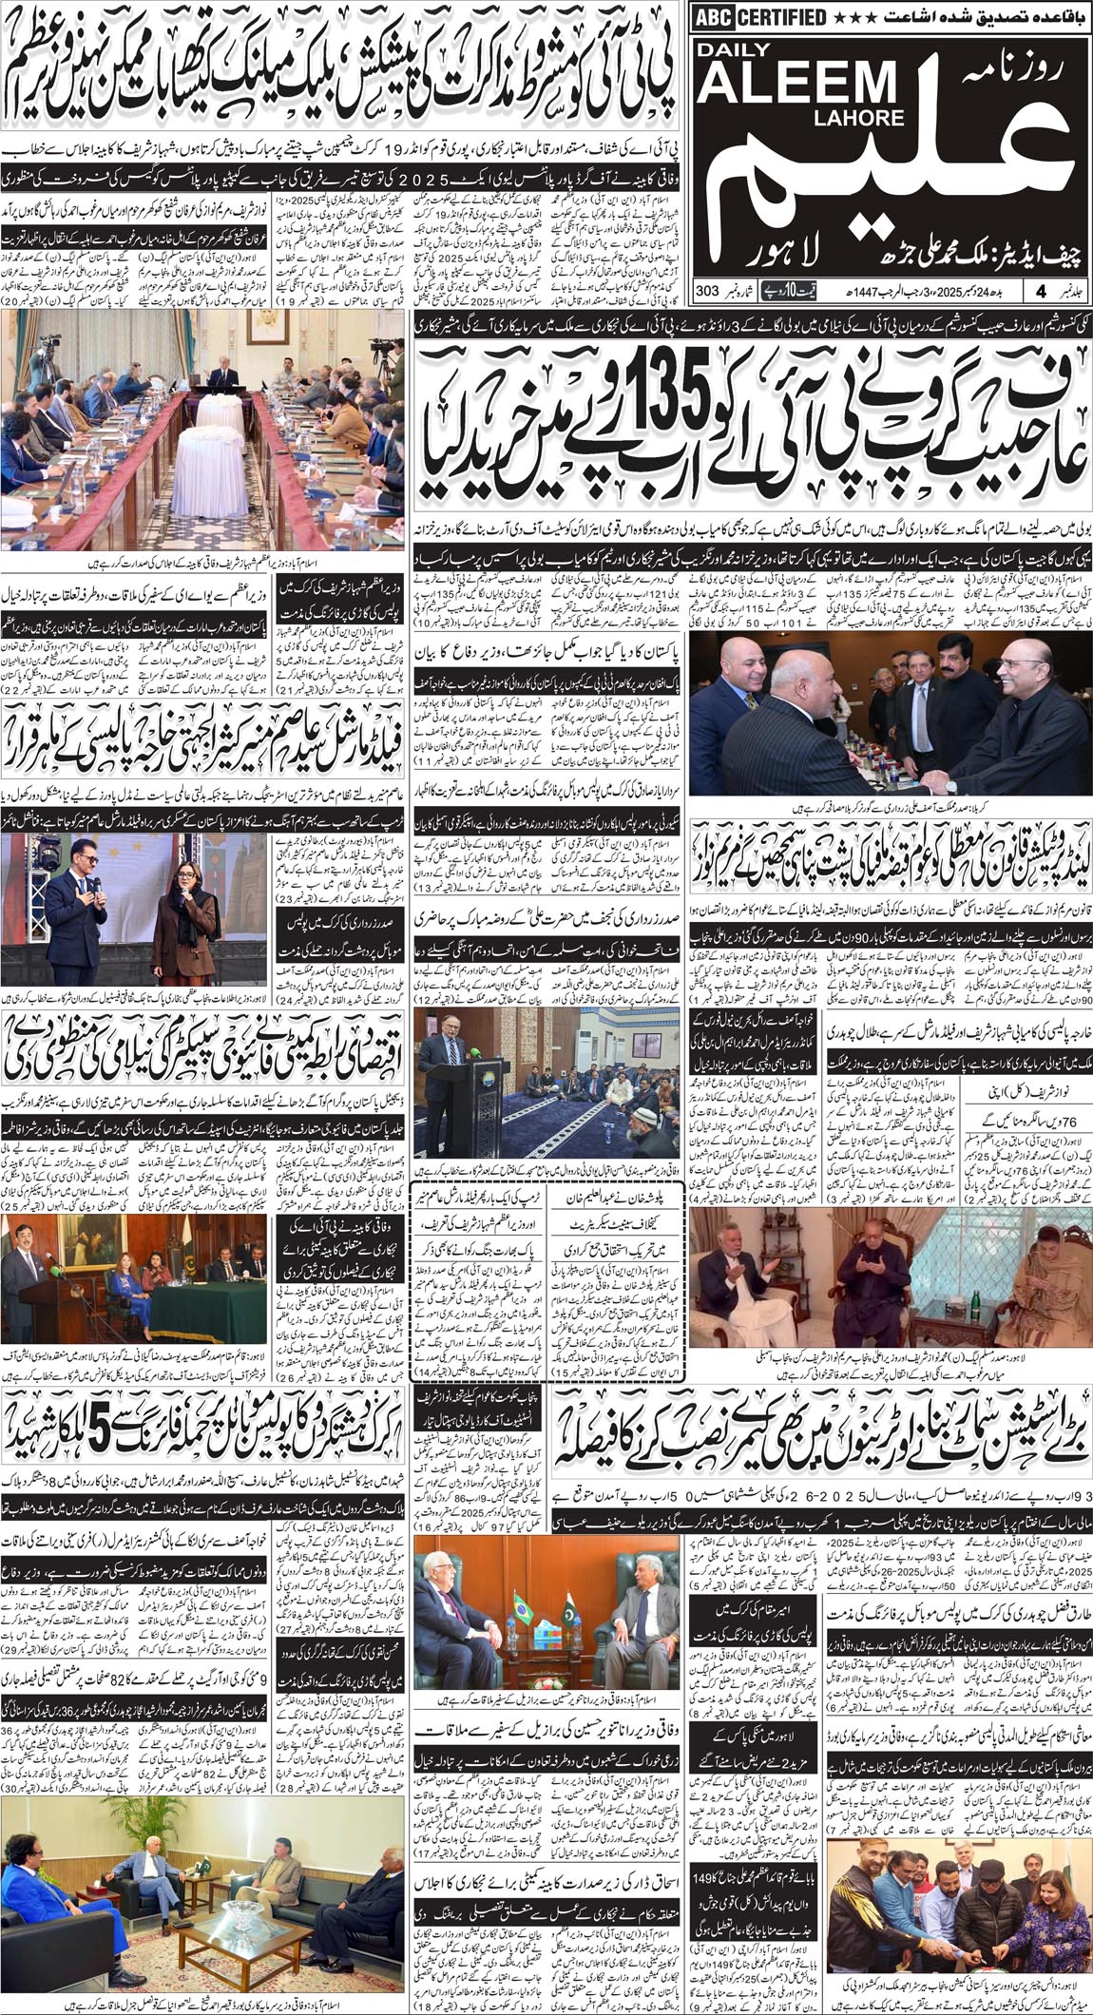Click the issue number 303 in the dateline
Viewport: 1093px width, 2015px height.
tap(706, 290)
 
